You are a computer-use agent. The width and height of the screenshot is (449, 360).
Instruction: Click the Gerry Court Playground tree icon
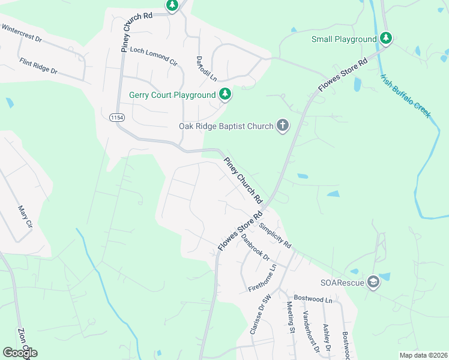coord(225,94)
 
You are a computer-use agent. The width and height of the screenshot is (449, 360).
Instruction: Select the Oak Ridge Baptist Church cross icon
coord(283,126)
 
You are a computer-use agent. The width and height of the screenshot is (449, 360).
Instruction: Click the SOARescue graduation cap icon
coord(373,283)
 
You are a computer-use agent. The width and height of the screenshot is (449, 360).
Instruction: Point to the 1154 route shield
coord(118,118)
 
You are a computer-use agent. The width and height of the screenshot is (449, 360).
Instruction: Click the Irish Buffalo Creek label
coord(405,95)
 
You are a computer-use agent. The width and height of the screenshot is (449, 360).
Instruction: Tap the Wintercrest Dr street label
coord(20,32)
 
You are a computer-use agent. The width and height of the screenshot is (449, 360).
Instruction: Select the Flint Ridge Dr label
coord(38,66)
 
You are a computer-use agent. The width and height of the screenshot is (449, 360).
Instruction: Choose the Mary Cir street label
coord(25,217)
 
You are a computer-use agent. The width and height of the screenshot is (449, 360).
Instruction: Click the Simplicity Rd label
coord(275,236)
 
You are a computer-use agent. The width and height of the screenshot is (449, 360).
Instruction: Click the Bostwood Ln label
coord(313,298)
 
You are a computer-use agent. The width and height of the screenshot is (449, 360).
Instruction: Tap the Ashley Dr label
coord(327,337)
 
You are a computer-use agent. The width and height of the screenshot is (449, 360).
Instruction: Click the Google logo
coord(20,353)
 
